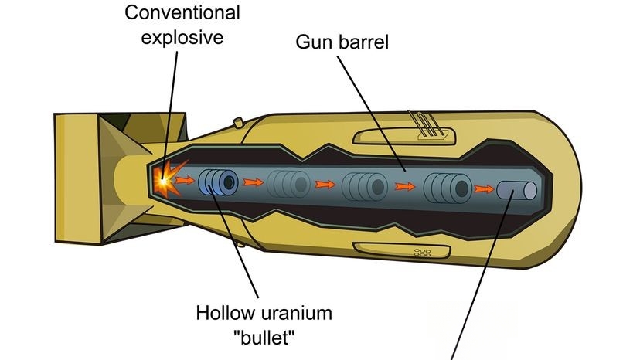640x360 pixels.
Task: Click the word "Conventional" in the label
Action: click(x=182, y=12)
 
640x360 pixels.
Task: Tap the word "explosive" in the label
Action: click(x=182, y=38)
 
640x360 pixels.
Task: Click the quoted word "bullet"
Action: click(x=264, y=338)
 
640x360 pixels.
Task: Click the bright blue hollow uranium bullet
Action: click(x=218, y=182)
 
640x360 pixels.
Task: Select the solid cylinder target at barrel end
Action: click(x=517, y=191)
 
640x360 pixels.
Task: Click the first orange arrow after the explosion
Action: click(x=185, y=179)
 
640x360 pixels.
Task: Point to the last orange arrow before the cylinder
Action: click(x=484, y=189)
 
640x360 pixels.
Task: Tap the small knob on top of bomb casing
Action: click(x=238, y=121)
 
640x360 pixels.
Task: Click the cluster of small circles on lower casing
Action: click(x=423, y=253)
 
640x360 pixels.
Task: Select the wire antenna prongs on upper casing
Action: click(x=424, y=124)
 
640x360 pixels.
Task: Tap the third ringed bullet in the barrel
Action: click(x=364, y=186)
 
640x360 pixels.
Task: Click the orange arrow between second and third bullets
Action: click(x=325, y=185)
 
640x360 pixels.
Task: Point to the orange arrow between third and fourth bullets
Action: click(x=405, y=187)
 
